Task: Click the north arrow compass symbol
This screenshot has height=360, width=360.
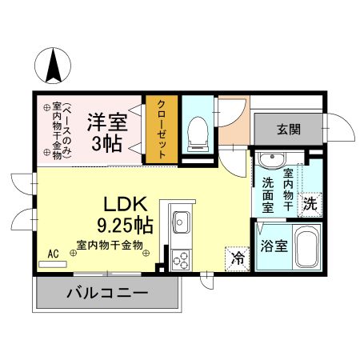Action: click(x=54, y=66)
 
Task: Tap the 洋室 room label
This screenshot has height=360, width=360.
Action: click(x=109, y=122)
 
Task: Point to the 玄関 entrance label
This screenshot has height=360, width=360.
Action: click(x=289, y=128)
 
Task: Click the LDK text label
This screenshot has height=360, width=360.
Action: click(x=122, y=203)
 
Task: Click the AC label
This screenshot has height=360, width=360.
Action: click(x=54, y=254)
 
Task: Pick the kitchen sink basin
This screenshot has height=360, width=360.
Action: click(x=181, y=219)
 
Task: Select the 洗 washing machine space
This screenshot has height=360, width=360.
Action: click(x=310, y=203)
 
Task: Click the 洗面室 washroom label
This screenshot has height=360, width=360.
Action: click(x=269, y=193)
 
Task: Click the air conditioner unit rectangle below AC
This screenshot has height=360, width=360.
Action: click(x=54, y=263)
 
